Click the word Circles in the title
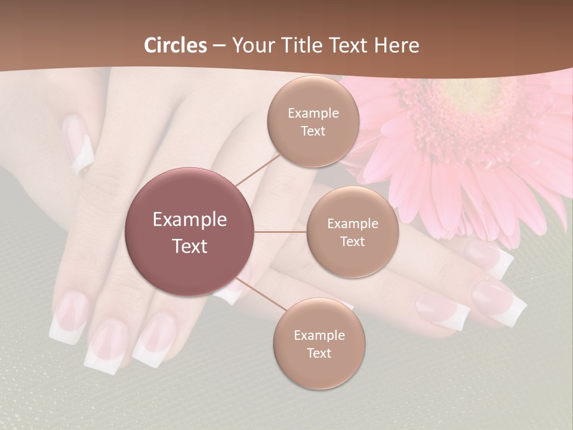click(175, 45)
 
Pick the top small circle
click(313, 122)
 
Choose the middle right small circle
click(352, 232)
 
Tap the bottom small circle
click(319, 344)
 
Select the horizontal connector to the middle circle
click(281, 232)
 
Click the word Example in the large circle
click(190, 220)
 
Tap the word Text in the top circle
click(313, 131)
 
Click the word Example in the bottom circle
click(319, 335)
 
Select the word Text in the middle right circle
click(352, 241)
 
